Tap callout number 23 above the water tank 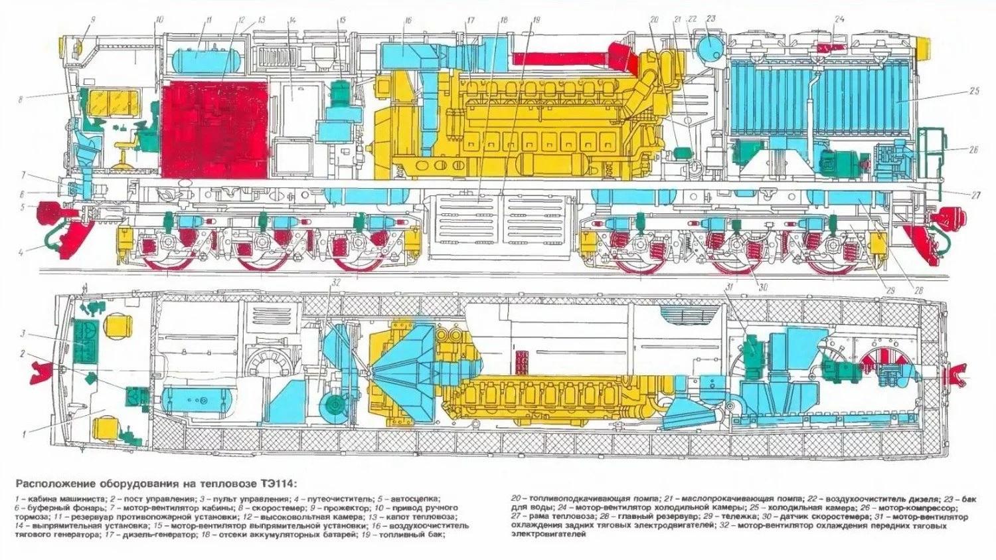[x=711, y=19]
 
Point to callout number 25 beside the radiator [x=975, y=91]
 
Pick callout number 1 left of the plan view [x=24, y=434]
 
